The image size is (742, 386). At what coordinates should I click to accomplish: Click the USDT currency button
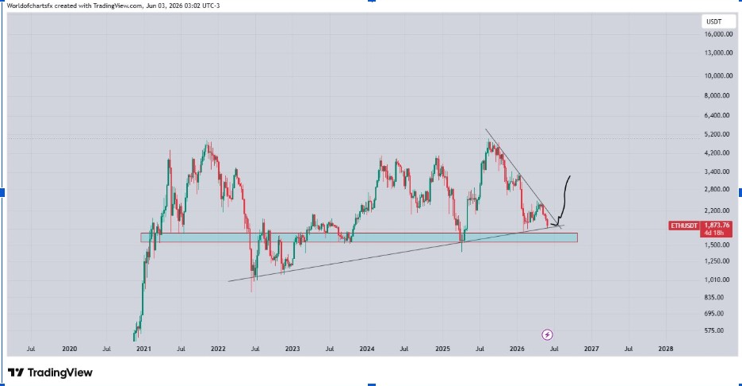pos(714,21)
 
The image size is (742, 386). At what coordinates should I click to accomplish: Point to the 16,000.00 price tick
pos(718,34)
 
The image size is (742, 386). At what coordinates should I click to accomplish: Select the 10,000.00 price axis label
pos(718,76)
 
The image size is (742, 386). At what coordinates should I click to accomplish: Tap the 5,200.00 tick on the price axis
pos(718,134)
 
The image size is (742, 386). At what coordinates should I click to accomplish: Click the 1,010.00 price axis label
pos(718,280)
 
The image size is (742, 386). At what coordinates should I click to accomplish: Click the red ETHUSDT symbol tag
pos(684,226)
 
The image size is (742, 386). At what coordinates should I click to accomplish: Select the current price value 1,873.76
pos(717,226)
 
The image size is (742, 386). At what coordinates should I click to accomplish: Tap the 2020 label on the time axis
pos(69,349)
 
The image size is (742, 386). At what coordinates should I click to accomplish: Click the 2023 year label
pos(293,349)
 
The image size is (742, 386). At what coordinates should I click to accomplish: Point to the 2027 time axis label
pos(591,349)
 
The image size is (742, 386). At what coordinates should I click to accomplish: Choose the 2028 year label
pos(666,349)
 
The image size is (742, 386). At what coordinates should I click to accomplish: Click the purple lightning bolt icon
pos(547,335)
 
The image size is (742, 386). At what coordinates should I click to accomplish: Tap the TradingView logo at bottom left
pos(50,372)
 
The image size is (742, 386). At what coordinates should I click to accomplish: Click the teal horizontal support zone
pos(358,237)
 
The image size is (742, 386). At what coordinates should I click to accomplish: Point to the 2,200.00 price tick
pos(718,210)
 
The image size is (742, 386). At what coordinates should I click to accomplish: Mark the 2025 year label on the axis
pos(442,349)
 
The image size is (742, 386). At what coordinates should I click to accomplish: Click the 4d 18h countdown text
pos(714,233)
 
